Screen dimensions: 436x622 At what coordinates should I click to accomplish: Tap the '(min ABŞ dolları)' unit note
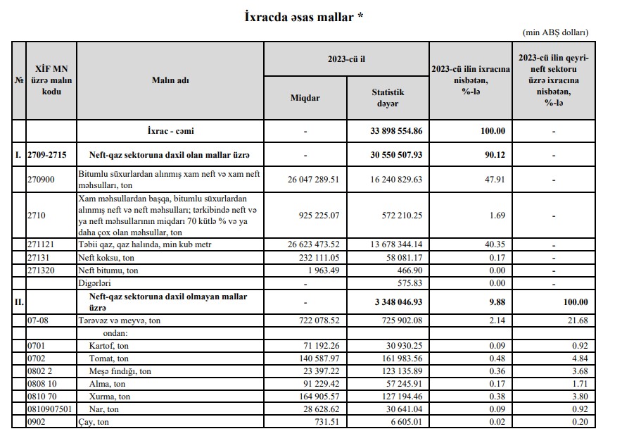(554, 32)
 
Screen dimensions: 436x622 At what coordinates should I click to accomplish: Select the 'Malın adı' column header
(170, 80)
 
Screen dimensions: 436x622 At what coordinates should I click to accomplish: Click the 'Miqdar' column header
(305, 98)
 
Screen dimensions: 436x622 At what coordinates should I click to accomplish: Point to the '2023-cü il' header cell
(346, 59)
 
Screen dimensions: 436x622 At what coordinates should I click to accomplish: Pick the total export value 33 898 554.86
(397, 131)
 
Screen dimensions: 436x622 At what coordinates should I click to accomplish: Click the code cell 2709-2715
(46, 154)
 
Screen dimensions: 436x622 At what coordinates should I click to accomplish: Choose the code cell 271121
(41, 244)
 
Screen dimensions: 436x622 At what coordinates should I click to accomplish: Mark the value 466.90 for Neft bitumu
(407, 270)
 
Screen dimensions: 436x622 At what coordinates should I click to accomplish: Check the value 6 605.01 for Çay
(404, 421)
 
